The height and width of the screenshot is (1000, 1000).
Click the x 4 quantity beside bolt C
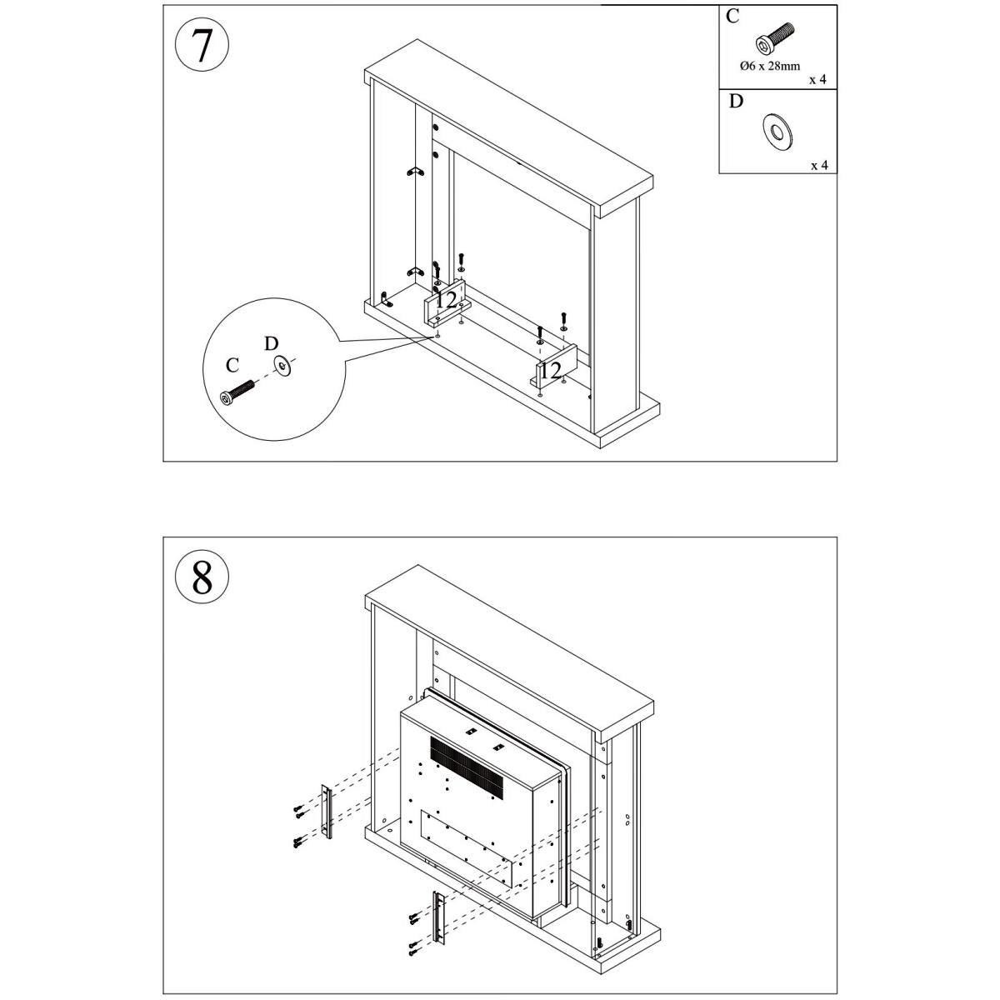(817, 81)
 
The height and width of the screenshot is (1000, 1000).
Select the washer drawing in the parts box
(778, 131)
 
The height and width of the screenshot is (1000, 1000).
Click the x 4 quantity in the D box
(819, 165)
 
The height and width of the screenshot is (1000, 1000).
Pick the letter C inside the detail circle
(232, 366)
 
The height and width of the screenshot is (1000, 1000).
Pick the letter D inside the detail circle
(271, 343)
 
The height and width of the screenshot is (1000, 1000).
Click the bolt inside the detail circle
(237, 392)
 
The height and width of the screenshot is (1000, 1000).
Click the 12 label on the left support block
(446, 300)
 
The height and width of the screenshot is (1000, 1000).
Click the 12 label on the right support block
(550, 369)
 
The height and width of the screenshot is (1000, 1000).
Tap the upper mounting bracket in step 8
(327, 812)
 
